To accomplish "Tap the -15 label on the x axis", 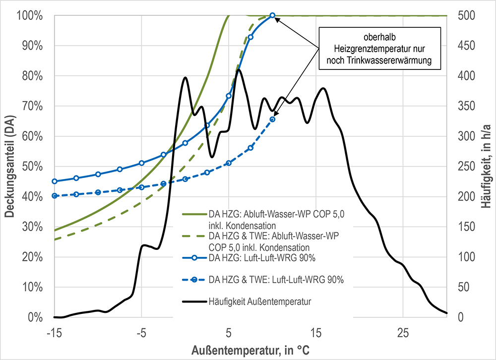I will pyautogui.click(x=55, y=331).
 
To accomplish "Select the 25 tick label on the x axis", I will pyautogui.click(x=403, y=331).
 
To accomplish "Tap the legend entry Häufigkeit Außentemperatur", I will pyautogui.click(x=260, y=301).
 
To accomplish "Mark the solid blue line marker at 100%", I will pyautogui.click(x=272, y=16).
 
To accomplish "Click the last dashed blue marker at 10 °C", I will pyautogui.click(x=272, y=119).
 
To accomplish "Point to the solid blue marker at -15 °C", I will pyautogui.click(x=55, y=181).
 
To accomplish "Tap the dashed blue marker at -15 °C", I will pyautogui.click(x=55, y=196).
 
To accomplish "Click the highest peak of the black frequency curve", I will pyautogui.click(x=239, y=70).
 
